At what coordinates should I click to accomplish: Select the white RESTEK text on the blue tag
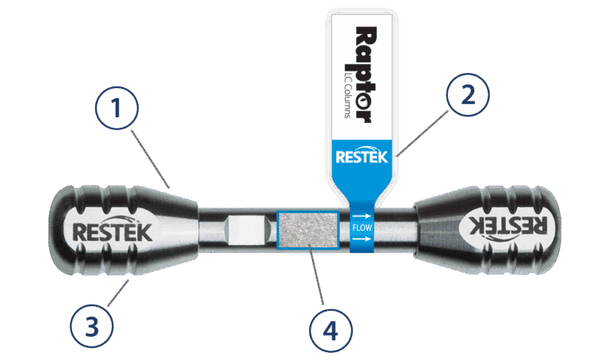click(362, 156)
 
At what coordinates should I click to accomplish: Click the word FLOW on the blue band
click(362, 230)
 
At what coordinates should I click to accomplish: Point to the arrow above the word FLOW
click(362, 215)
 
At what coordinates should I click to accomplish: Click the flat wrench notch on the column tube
click(244, 230)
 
